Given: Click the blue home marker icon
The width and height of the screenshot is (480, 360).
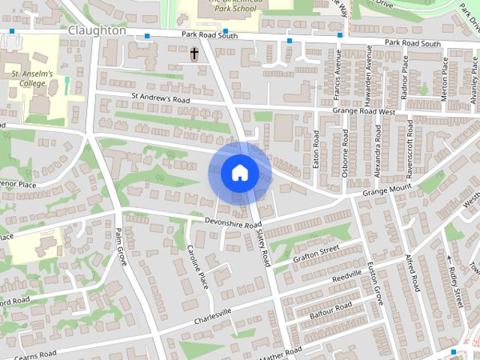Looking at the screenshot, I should click(x=239, y=172).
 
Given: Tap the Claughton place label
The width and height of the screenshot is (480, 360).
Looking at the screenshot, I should click(x=96, y=31).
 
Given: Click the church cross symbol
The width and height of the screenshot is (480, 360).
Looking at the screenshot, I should click(x=195, y=54).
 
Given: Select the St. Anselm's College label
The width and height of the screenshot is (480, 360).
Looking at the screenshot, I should click(x=33, y=79).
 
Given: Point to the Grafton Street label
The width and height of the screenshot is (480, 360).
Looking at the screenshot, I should click(x=316, y=253).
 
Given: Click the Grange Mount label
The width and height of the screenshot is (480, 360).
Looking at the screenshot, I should click(x=388, y=188).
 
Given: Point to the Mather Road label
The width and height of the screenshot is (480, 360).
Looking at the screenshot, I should click(x=283, y=351).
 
